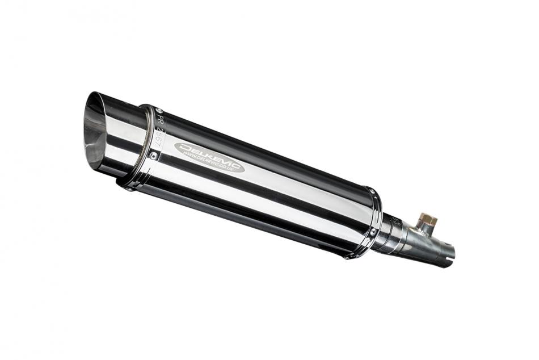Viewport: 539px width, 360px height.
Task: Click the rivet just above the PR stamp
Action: [x=158, y=110]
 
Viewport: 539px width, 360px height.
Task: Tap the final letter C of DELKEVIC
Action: [x=238, y=160]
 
